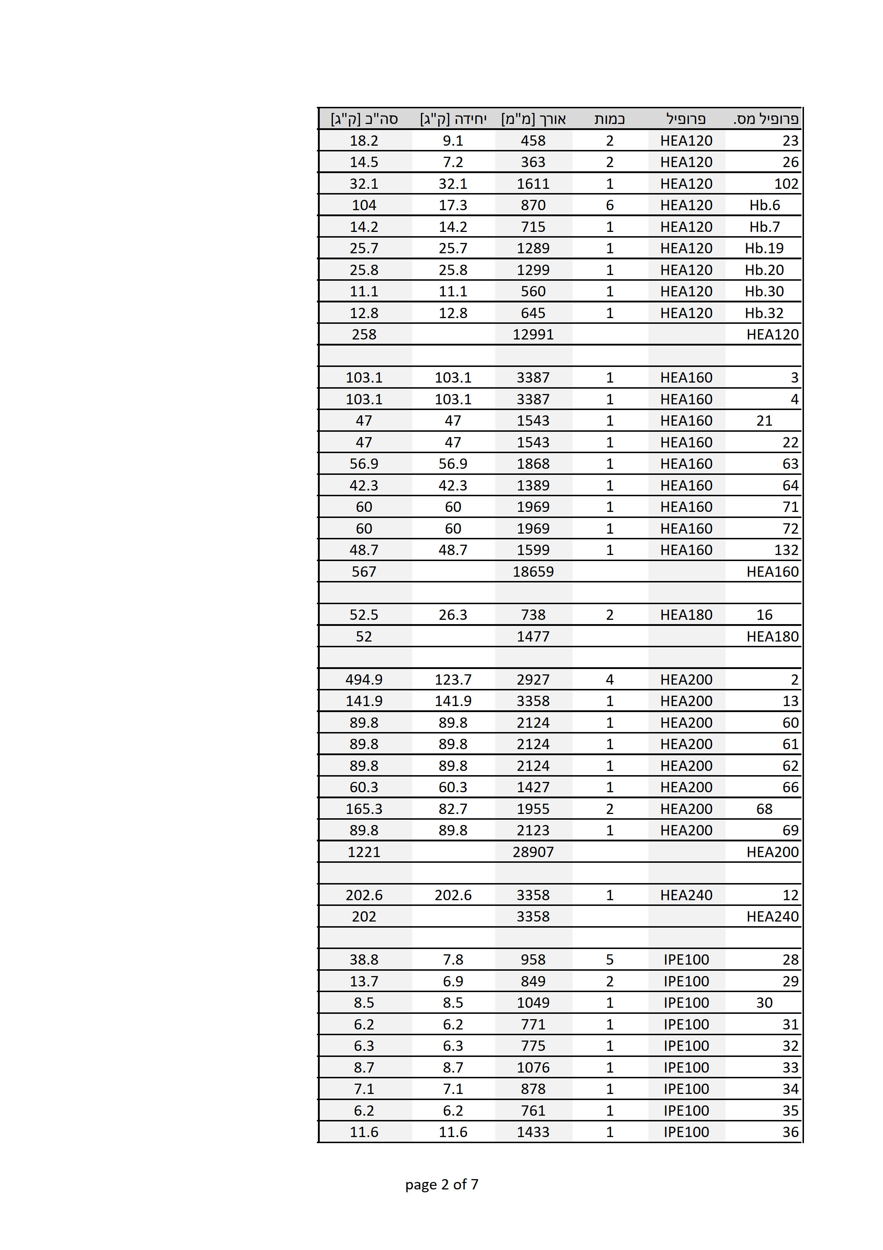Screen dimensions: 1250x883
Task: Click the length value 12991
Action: tap(533, 334)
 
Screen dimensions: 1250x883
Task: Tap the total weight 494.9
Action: tap(364, 679)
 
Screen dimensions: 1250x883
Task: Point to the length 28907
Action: tap(533, 852)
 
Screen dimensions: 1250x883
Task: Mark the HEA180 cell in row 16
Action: tap(686, 614)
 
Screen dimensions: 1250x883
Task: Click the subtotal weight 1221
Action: tap(364, 852)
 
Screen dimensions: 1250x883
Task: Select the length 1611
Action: tap(533, 183)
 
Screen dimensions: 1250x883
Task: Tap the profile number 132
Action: tap(786, 550)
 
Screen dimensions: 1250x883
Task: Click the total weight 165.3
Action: tap(364, 809)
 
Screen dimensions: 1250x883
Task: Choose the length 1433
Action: tap(533, 1132)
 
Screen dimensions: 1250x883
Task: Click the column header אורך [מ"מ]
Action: tap(533, 119)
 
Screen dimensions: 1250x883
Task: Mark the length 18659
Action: tap(533, 572)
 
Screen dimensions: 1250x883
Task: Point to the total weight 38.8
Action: tap(364, 959)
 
